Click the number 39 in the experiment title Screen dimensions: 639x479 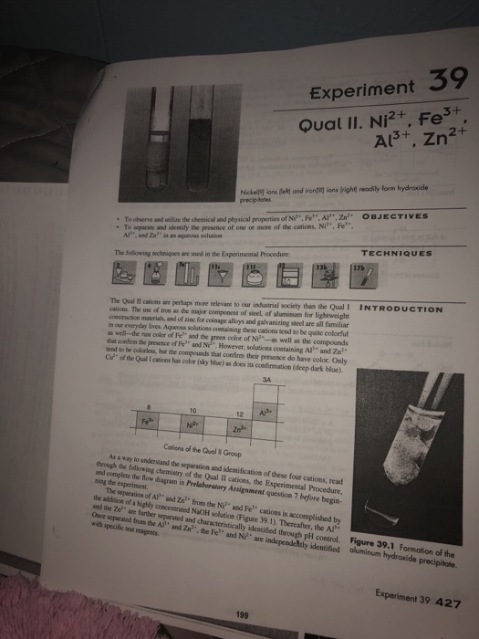[x=425, y=87]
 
